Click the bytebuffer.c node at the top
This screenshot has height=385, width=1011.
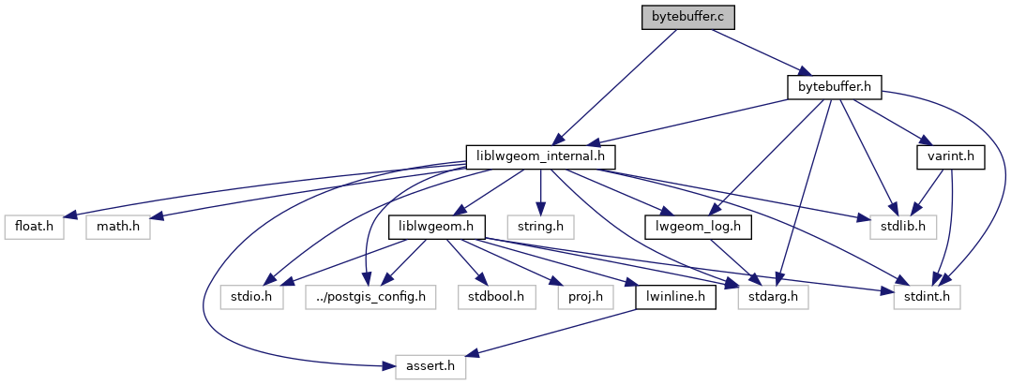coord(687,17)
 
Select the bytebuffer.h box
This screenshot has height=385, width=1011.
coord(835,87)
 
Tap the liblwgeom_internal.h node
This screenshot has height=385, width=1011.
coord(541,156)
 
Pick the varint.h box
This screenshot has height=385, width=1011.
coord(950,156)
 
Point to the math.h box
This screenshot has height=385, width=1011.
coord(118,226)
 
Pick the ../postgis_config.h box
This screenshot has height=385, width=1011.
coord(370,296)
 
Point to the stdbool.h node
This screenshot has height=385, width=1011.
coord(495,296)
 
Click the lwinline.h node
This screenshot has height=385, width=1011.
coord(676,296)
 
